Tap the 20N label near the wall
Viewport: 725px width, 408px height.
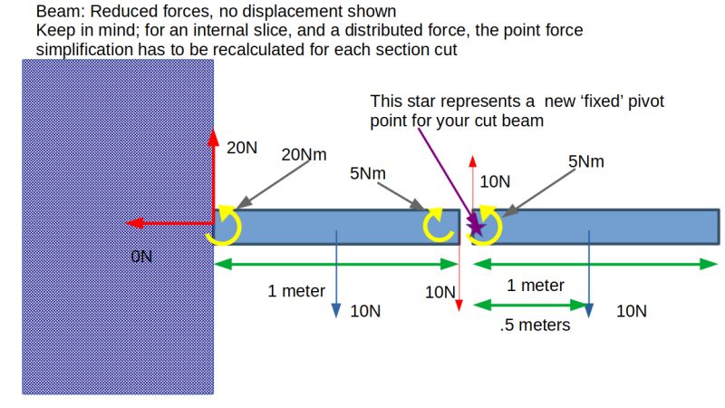click(241, 148)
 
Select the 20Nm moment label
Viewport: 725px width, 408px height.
click(304, 154)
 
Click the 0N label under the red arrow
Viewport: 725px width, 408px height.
click(142, 257)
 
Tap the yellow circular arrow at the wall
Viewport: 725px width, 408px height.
click(222, 226)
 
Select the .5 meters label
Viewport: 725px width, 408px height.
click(535, 325)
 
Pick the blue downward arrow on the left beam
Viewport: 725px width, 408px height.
click(336, 272)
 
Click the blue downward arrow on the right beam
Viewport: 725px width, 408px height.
click(589, 272)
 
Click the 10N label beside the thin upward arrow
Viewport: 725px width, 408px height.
click(495, 181)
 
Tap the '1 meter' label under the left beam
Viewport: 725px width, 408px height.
click(295, 291)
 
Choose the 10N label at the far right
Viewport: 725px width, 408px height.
click(632, 311)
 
